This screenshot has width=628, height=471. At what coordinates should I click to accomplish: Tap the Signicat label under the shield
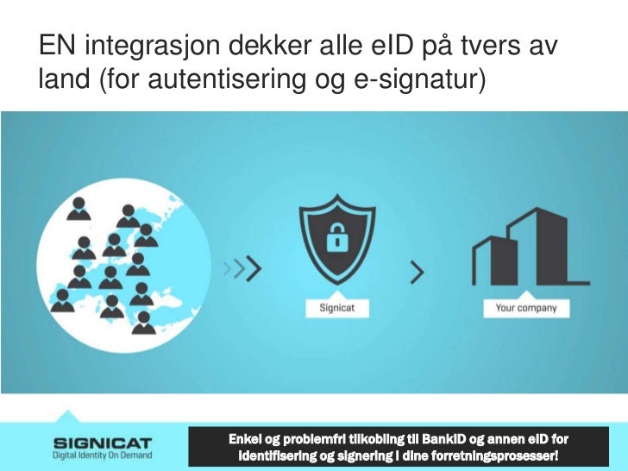(x=332, y=308)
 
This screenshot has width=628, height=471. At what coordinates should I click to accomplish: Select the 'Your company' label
(x=526, y=308)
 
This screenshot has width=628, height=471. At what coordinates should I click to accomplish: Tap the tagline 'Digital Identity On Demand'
(x=102, y=455)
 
